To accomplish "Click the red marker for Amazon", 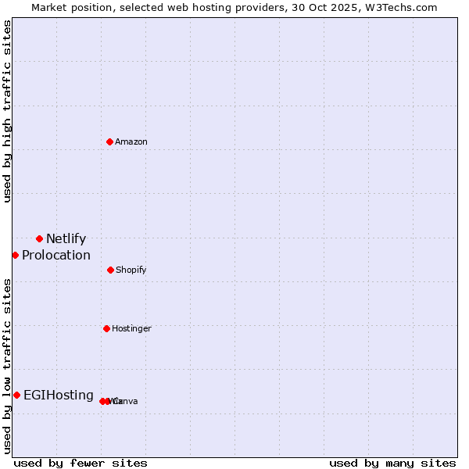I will tap(110, 141).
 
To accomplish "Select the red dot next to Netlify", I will tap(39, 238).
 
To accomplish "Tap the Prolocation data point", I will tap(15, 255).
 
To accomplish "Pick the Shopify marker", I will tap(110, 270).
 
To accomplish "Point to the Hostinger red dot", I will tap(106, 328).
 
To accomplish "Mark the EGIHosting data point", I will tap(16, 395).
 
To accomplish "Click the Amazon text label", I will tap(131, 141).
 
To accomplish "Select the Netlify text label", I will tap(66, 239).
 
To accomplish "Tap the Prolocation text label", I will tap(56, 256).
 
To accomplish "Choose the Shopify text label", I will tap(131, 270).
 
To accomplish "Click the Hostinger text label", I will tap(131, 329).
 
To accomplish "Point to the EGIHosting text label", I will tap(59, 396).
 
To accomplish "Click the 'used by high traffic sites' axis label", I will tap(8, 111).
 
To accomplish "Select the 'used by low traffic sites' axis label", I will tap(8, 365).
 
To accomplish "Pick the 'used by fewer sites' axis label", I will tap(81, 463).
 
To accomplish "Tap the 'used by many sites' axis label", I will tap(392, 463).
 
